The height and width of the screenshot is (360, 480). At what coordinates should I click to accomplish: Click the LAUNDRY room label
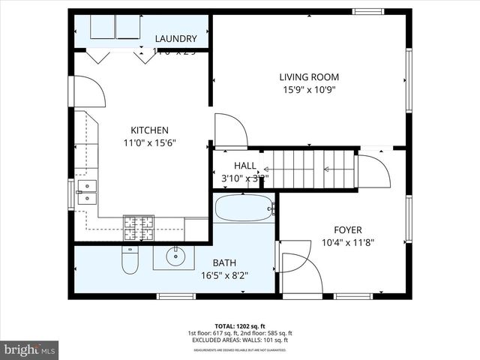[x=175, y=39]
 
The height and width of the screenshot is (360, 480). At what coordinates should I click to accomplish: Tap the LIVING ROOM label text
[x=309, y=76]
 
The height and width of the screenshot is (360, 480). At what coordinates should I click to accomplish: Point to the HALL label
[x=244, y=166]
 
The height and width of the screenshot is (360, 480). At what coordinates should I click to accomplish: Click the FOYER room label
[x=348, y=229]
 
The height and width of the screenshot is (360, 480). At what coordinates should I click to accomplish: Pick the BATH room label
[x=224, y=262]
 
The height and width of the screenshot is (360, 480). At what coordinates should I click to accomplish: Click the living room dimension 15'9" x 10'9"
[x=309, y=90]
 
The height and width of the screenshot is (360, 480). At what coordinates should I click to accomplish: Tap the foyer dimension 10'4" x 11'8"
[x=348, y=242]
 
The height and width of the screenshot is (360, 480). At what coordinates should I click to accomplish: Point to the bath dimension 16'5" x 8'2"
[x=224, y=275]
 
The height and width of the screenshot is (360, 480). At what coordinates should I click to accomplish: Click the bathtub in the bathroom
[x=244, y=208]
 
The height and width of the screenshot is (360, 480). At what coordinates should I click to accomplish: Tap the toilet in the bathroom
[x=129, y=261]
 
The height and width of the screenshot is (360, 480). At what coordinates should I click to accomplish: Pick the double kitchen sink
[x=87, y=192]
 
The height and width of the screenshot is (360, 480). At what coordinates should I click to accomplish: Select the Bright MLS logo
[x=30, y=349]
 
